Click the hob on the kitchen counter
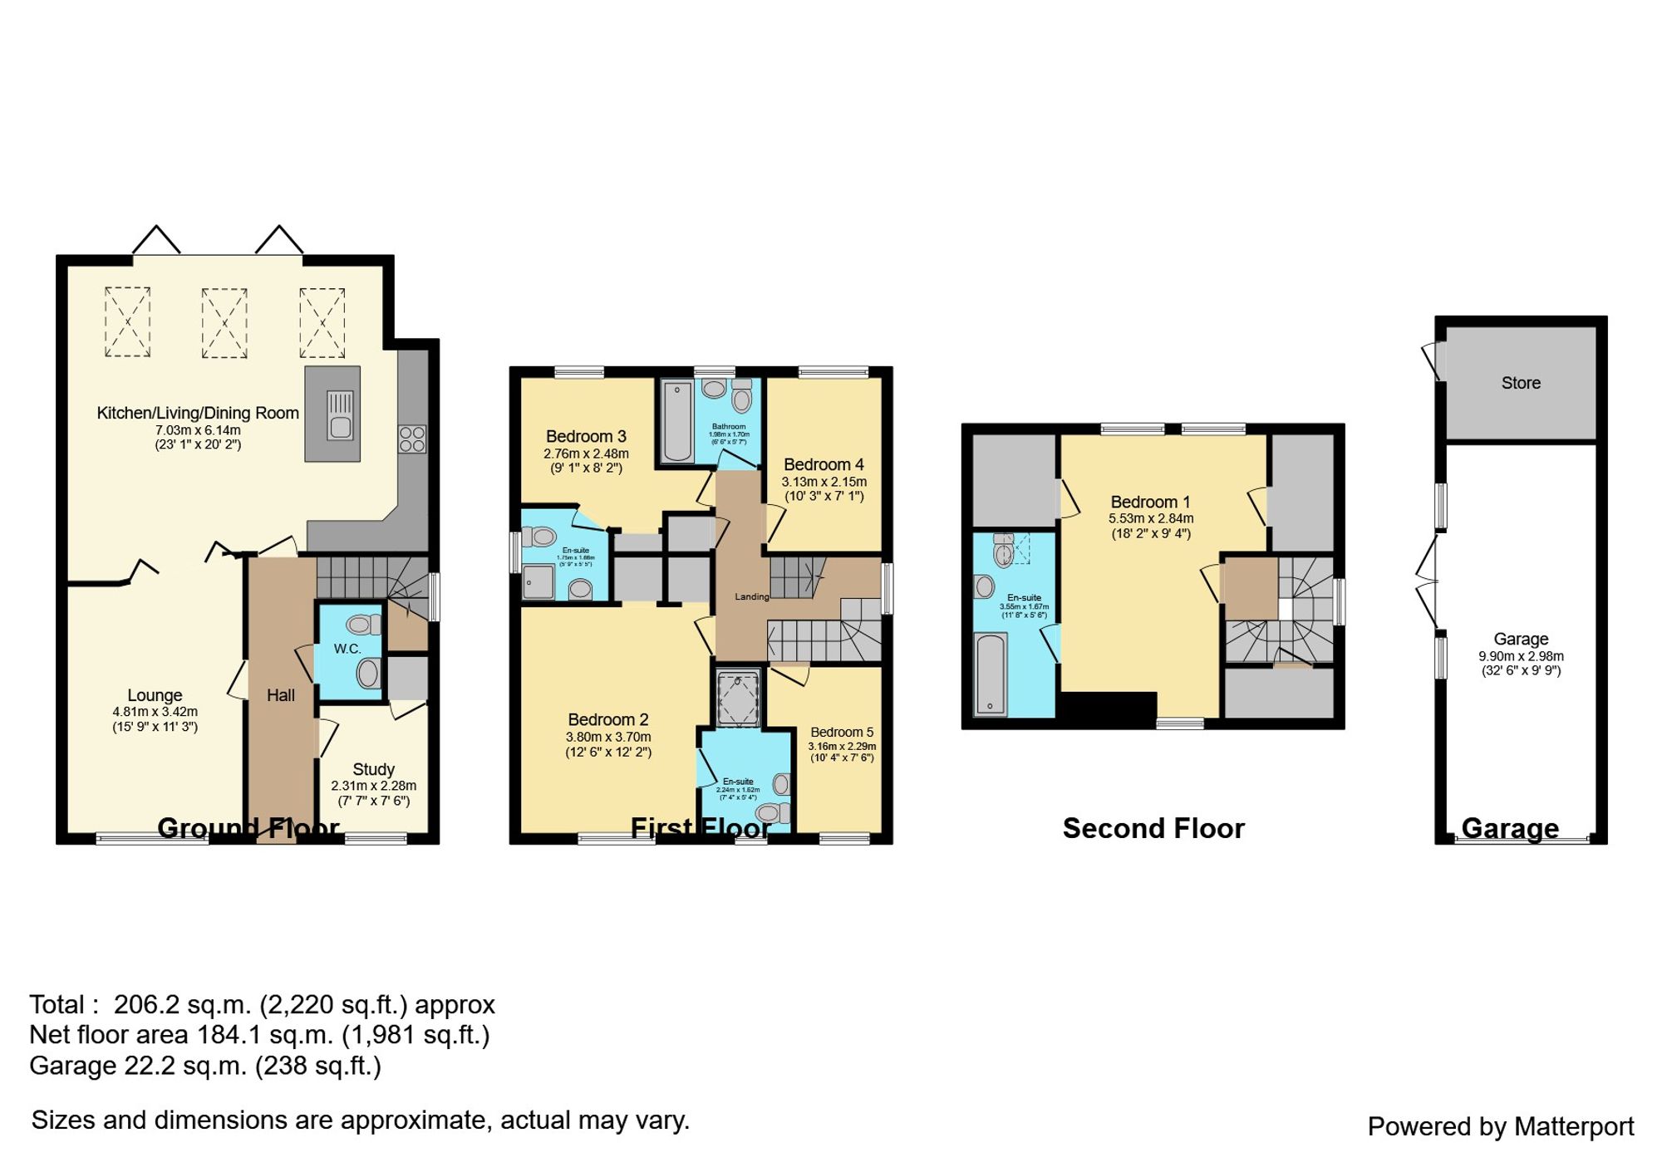tap(412, 439)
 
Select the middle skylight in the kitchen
tap(224, 322)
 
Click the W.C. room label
tap(347, 649)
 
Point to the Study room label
tap(373, 769)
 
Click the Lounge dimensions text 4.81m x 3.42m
tap(155, 712)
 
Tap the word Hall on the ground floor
tap(281, 695)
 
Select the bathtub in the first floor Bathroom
tap(678, 421)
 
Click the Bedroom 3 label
tap(586, 436)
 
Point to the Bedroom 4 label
tap(824, 464)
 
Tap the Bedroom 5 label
tap(842, 732)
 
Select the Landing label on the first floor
tap(752, 596)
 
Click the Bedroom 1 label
tap(1150, 502)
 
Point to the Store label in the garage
tap(1521, 383)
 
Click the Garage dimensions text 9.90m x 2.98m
tap(1521, 656)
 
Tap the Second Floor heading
tap(1153, 828)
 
